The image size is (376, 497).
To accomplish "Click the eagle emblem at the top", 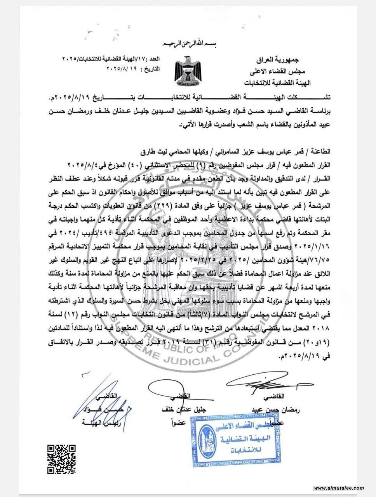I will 188,71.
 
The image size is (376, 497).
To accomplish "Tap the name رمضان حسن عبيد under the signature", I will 276,410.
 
